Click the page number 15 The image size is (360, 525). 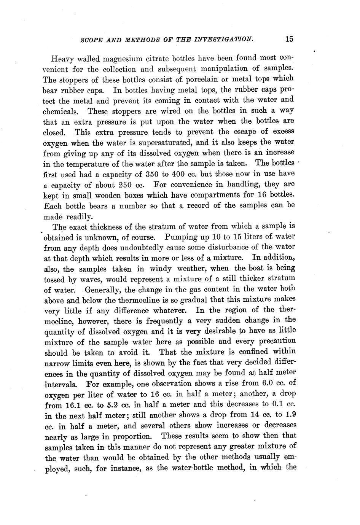click(288, 39)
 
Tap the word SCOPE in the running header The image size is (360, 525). click(91, 40)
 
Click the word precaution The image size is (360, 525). click(277, 341)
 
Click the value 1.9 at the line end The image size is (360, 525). click(290, 414)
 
